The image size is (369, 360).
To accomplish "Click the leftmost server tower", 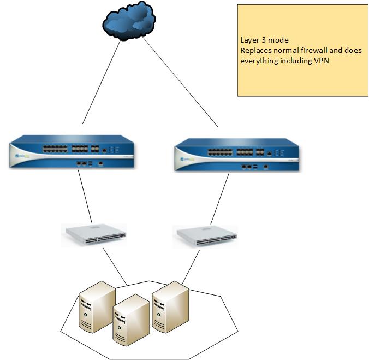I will point(96,306).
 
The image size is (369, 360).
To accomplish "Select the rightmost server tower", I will point(170,306).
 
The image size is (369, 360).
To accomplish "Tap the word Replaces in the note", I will point(255,50).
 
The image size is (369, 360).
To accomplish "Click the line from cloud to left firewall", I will point(101,82).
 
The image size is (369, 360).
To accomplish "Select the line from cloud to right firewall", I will point(180,82).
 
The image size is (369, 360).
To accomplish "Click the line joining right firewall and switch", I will point(219,197).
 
